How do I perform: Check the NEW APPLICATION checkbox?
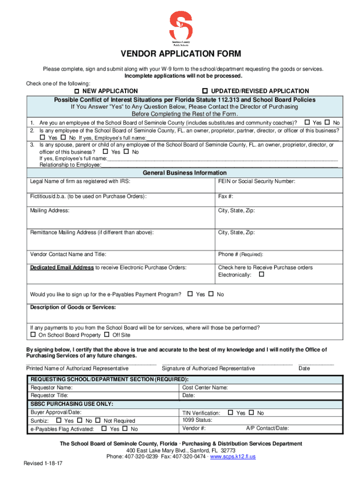pyautogui.click(x=78, y=91)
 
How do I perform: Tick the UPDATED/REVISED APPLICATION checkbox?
pyautogui.click(x=205, y=90)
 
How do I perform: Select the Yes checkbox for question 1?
pyautogui.click(x=307, y=122)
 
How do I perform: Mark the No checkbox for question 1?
pyautogui.click(x=327, y=122)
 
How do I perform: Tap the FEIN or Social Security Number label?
pyautogui.click(x=257, y=181)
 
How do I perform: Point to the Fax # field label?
pyautogui.click(x=226, y=196)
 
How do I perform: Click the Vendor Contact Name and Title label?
pyautogui.click(x=68, y=254)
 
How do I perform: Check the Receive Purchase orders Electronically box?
pyautogui.click(x=262, y=274)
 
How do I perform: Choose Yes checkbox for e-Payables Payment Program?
pyautogui.click(x=190, y=294)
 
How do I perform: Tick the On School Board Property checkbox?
pyautogui.click(x=33, y=335)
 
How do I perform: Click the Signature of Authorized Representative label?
pyautogui.click(x=208, y=368)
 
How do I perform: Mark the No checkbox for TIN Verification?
pyautogui.click(x=251, y=413)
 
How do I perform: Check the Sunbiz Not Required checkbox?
pyautogui.click(x=98, y=420)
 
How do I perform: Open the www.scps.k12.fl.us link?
pyautogui.click(x=233, y=457)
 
